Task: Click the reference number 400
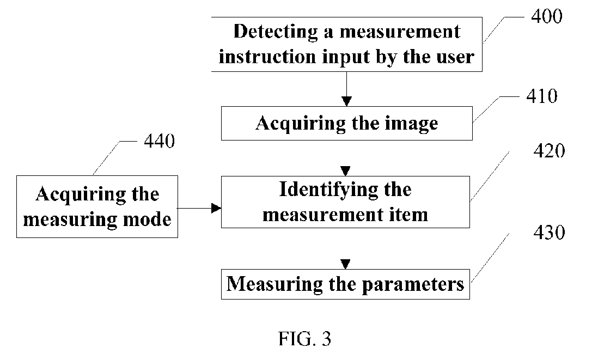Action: [x=546, y=16]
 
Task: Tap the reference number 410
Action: [x=542, y=96]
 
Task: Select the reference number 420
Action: [x=549, y=151]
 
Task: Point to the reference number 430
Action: [x=549, y=233]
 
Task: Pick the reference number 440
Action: [x=160, y=141]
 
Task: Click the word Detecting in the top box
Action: [x=276, y=32]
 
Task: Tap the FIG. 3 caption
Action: [x=304, y=338]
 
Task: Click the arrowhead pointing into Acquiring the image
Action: [x=346, y=101]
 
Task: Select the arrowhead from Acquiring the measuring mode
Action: [x=216, y=208]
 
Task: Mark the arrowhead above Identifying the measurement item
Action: [x=345, y=171]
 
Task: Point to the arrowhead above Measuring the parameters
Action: [x=345, y=264]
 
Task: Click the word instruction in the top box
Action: [x=267, y=57]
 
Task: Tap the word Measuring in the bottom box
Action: [x=274, y=284]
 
